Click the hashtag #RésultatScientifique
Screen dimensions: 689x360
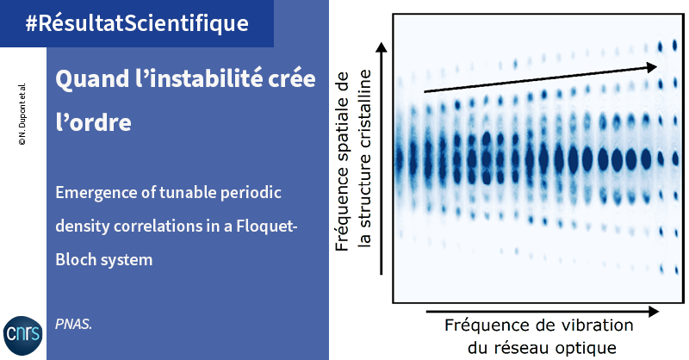tap(137, 23)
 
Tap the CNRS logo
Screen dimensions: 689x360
tap(23, 335)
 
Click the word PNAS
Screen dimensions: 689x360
tap(73, 325)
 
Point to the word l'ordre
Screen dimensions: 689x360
tap(93, 121)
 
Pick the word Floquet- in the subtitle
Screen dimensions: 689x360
tap(267, 226)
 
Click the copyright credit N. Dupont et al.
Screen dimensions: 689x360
tap(22, 114)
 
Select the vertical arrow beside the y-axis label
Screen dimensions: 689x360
tap(382, 158)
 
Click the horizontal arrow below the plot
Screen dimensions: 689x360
tap(543, 312)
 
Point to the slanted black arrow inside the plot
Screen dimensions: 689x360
tap(541, 79)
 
